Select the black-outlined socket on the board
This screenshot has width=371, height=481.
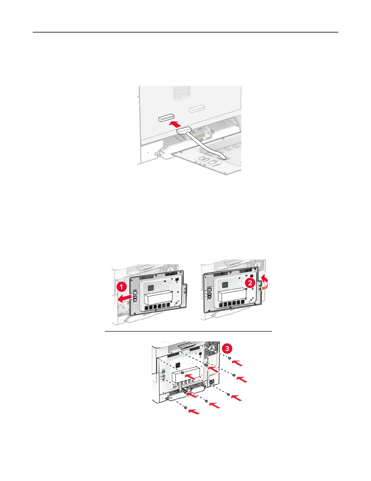166,118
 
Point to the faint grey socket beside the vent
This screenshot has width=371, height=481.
197,109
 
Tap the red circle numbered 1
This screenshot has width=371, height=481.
121,288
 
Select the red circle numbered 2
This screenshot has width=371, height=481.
250,283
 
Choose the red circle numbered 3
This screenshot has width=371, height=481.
227,349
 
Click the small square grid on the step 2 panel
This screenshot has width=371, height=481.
225,285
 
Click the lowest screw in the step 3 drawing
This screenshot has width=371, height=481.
185,408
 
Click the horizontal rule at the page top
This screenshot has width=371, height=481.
185,32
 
